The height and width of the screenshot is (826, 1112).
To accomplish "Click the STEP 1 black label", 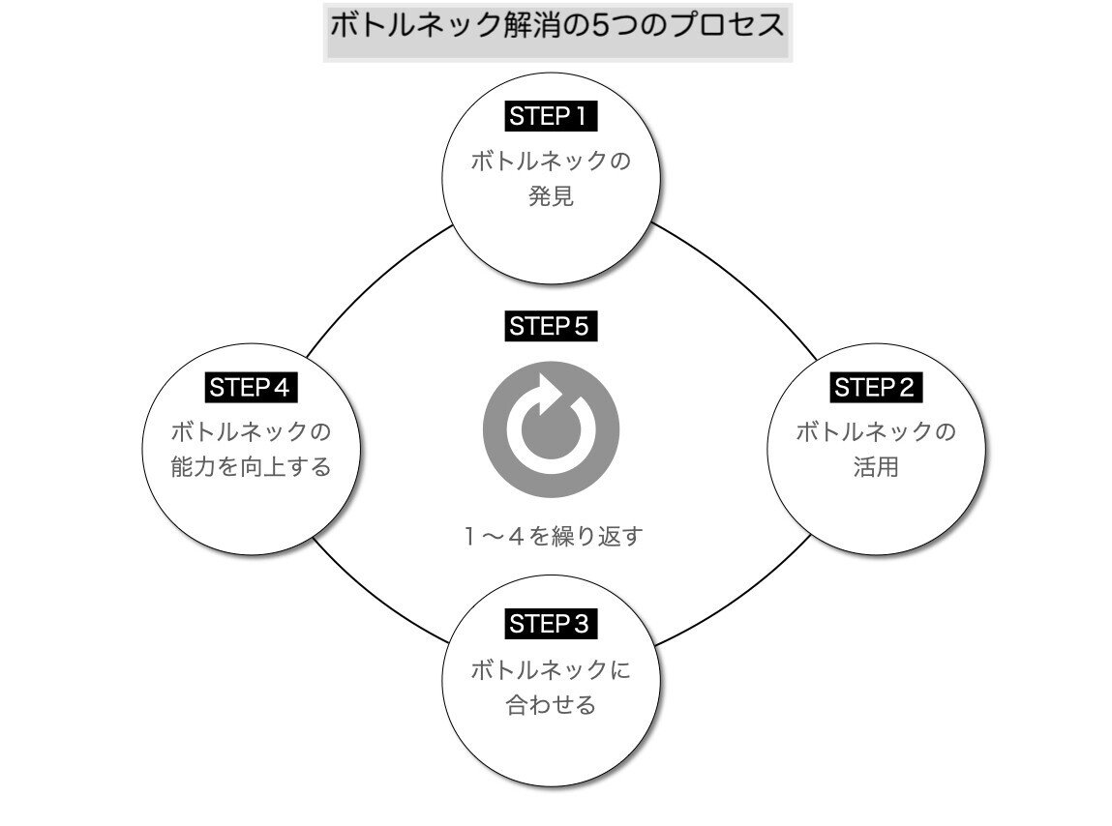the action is (551, 117).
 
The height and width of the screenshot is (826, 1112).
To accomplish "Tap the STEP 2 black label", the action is (876, 388).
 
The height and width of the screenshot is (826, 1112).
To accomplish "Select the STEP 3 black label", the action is (551, 624).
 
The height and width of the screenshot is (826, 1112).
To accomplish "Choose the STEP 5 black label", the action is (551, 326).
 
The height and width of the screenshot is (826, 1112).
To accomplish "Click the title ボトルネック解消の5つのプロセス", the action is (557, 25).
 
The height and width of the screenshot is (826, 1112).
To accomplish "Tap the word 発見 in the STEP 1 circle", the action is (551, 195).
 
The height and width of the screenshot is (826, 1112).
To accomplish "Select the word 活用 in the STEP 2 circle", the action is (876, 467).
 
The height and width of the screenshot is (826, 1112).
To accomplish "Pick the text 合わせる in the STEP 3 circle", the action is (551, 704).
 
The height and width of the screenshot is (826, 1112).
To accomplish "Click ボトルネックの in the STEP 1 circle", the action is (551, 160).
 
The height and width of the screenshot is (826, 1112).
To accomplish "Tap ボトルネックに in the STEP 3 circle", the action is (551, 669).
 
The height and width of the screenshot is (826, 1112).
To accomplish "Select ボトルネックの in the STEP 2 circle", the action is (876, 431).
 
